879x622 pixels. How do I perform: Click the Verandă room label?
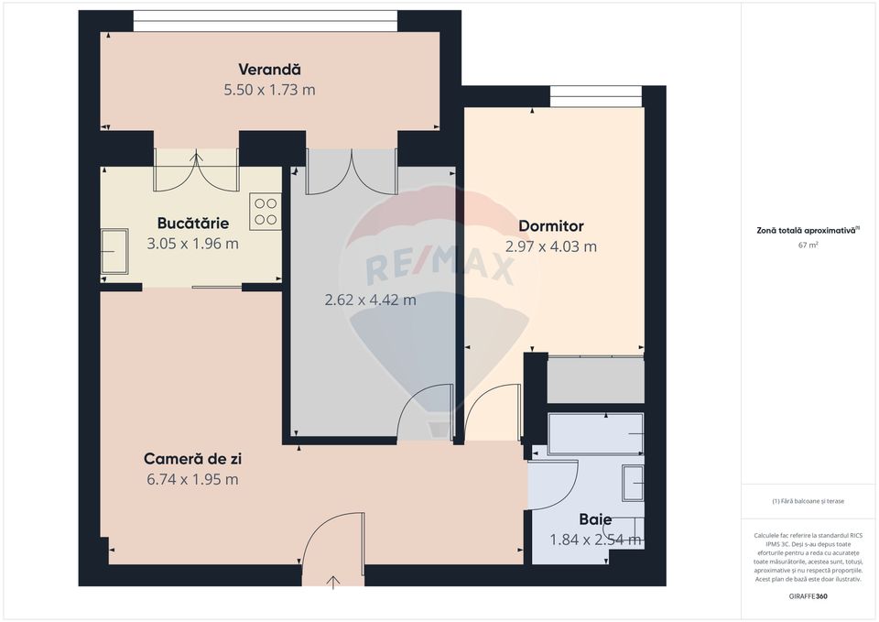[269, 70]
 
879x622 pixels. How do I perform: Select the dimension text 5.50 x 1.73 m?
[269, 90]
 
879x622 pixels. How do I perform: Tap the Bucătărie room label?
[192, 224]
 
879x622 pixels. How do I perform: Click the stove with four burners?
[266, 213]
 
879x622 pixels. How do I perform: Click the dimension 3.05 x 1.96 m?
[192, 244]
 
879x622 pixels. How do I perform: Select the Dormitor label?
[550, 226]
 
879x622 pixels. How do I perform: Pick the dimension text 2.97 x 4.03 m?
[550, 246]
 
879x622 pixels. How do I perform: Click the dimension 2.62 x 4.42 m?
[370, 300]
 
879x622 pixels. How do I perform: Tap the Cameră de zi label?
[192, 459]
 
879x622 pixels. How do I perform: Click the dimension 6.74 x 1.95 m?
[192, 479]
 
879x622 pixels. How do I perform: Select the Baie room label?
[594, 519]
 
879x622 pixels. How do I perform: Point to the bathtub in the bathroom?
[595, 434]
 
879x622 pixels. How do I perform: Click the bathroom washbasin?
[633, 483]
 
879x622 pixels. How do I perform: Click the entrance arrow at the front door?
[332, 581]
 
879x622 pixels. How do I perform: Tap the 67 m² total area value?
[808, 246]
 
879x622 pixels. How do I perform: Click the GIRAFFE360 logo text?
[808, 596]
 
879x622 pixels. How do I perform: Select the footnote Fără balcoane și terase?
[808, 501]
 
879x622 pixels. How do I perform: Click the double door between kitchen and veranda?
[196, 170]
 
